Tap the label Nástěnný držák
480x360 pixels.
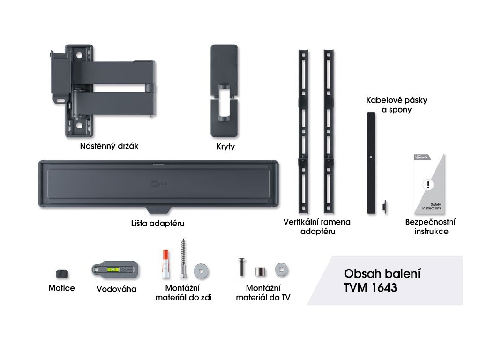(109, 146)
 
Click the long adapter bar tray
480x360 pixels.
(158, 185)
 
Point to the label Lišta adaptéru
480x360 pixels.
(157, 224)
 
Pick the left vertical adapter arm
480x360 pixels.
(303, 131)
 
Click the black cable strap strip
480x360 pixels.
(371, 162)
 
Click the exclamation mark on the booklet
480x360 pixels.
(426, 184)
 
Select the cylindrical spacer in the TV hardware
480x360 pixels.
(260, 271)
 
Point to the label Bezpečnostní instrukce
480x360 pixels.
(431, 227)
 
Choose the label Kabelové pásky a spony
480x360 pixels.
(390, 105)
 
